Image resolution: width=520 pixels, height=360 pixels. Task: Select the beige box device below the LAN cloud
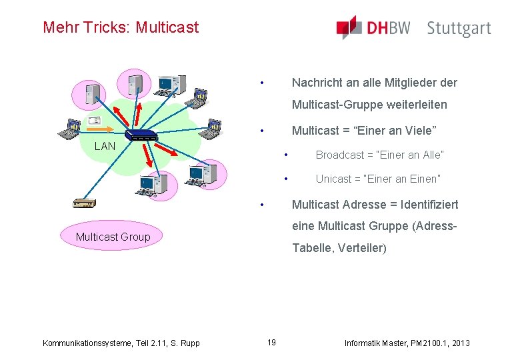[85, 203]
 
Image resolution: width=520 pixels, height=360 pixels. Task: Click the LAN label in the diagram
[105, 146]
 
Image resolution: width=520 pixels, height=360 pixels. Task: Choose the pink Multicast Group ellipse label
[113, 237]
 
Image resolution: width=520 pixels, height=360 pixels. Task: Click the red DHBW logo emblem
[349, 27]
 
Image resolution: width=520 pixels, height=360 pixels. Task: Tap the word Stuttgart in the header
[459, 28]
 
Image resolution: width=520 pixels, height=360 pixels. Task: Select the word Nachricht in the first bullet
[317, 83]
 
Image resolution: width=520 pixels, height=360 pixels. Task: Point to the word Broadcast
[340, 155]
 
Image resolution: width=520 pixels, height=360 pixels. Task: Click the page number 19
[271, 343]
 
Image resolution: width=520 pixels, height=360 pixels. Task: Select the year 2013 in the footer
[460, 343]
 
